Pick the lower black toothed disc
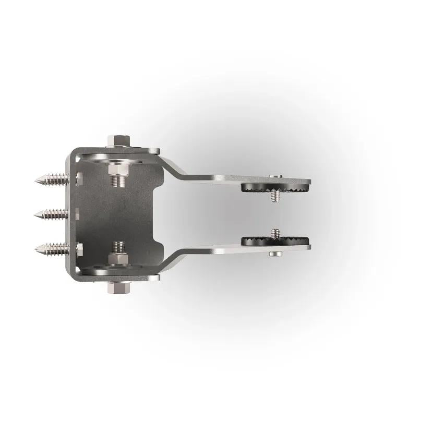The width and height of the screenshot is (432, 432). (x=275, y=241)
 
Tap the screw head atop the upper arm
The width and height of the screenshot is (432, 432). (x=276, y=176)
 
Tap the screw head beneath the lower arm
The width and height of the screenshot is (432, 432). (x=276, y=254)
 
